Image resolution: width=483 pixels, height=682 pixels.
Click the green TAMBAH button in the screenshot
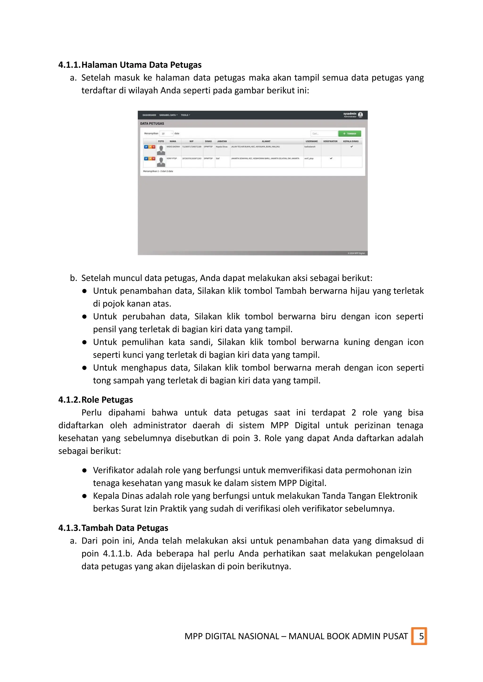350,133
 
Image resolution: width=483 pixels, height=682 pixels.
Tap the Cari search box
324,133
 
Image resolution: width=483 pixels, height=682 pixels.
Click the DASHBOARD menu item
149,115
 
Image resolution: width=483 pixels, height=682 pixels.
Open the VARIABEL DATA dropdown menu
168,115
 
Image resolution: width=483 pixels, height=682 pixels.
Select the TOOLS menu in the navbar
185,115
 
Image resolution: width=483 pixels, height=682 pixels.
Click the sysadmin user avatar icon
360,115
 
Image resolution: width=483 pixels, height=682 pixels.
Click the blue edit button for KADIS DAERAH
146,147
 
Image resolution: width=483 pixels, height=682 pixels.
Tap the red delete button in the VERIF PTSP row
154,159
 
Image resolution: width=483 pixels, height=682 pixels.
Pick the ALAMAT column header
266,141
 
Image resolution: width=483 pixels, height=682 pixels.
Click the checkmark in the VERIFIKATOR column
331,158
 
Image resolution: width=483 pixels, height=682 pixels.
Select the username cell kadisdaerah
310,147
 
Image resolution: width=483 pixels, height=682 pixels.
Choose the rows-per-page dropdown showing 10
166,133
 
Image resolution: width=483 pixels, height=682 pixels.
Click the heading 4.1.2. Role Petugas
96,400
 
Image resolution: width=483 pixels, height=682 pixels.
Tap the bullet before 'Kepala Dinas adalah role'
84,496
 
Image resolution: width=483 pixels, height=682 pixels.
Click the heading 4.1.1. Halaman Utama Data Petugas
130,65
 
